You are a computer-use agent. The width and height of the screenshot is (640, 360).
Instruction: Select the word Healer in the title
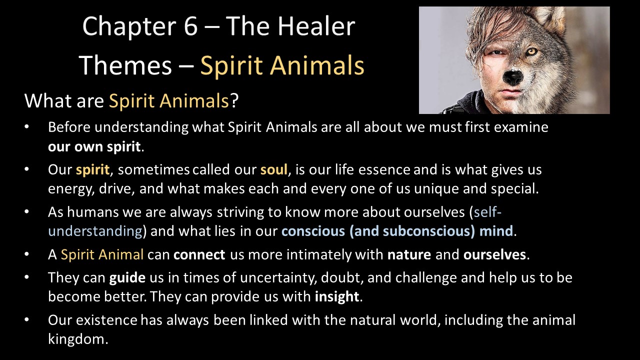(x=316, y=25)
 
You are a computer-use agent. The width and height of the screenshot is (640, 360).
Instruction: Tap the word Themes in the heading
(x=125, y=65)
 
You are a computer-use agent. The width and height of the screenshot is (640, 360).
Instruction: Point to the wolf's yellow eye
(x=532, y=52)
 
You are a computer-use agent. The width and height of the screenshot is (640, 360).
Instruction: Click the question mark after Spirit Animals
(x=234, y=100)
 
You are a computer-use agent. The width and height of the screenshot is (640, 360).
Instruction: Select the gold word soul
(x=273, y=169)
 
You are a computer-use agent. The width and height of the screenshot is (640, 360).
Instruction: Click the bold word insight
(x=337, y=296)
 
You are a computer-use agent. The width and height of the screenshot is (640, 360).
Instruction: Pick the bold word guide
(x=127, y=277)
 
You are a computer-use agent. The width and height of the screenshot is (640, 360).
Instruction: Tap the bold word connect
(x=199, y=254)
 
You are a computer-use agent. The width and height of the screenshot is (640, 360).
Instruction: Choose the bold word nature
(x=409, y=254)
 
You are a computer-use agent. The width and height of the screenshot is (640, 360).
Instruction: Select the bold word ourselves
(x=494, y=254)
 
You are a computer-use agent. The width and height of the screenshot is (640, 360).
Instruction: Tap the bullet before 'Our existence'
(x=27, y=320)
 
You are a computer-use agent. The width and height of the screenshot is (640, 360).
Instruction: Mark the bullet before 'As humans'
(x=27, y=212)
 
